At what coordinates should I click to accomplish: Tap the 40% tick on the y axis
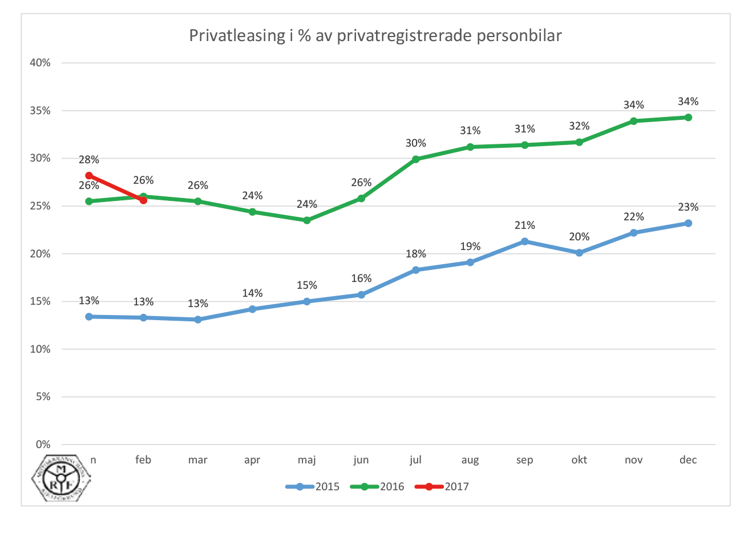(x=40, y=63)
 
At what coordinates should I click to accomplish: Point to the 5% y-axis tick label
(x=43, y=397)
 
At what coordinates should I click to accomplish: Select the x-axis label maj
(x=306, y=460)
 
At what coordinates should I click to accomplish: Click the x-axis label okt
(x=579, y=460)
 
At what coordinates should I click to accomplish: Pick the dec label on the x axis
(x=688, y=460)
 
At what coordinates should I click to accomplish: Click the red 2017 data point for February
(x=143, y=200)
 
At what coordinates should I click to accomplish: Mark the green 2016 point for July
(x=416, y=159)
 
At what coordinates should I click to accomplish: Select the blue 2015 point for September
(x=525, y=241)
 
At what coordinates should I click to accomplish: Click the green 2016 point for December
(x=688, y=118)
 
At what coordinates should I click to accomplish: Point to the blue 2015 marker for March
(x=198, y=320)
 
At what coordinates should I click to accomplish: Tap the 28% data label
(x=89, y=160)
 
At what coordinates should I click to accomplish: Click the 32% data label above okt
(x=579, y=126)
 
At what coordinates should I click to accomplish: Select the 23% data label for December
(x=688, y=207)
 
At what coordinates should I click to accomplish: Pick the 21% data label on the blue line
(x=525, y=225)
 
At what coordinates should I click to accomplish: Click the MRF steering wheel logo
(x=61, y=478)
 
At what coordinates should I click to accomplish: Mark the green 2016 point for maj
(x=307, y=220)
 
